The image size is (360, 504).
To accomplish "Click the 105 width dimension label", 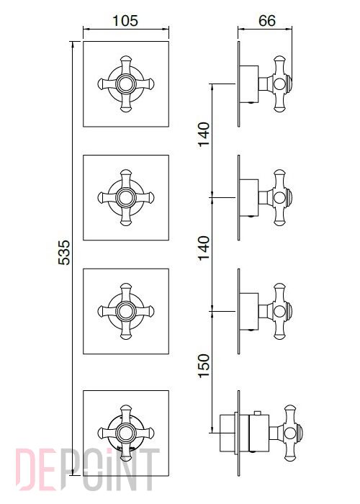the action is (x=125, y=21).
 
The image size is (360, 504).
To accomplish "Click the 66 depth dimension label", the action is (x=267, y=21).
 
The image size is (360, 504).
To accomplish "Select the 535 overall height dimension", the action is (x=64, y=252).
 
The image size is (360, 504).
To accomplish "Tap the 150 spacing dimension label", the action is (x=204, y=366).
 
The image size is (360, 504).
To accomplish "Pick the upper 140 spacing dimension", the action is (x=204, y=135).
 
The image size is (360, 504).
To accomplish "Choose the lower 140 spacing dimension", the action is (x=204, y=248).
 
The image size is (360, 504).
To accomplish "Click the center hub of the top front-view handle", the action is (x=126, y=84).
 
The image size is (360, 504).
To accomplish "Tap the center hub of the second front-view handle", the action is (x=126, y=197).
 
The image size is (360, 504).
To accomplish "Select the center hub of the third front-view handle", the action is (x=126, y=311).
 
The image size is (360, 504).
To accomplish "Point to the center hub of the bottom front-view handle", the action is (x=126, y=433).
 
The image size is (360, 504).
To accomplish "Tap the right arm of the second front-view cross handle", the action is (x=144, y=197).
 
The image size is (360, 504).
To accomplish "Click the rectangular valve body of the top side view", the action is (x=249, y=84).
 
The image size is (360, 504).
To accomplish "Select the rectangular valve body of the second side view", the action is (x=249, y=197).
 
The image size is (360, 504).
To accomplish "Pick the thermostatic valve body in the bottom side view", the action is (x=258, y=433).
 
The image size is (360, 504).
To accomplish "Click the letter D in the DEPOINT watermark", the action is (x=26, y=469).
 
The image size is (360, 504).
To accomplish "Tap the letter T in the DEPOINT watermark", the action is (x=149, y=469).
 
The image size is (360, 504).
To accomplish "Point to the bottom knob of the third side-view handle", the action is (x=279, y=333).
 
